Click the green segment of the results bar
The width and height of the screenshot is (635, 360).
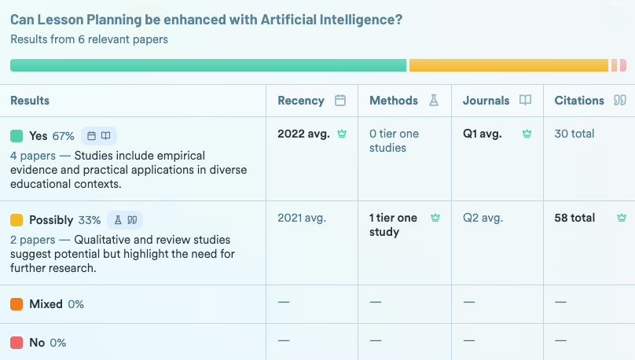[x=208, y=65]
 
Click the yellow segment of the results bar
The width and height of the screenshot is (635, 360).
[x=508, y=65]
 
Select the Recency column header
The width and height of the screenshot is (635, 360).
[x=301, y=101]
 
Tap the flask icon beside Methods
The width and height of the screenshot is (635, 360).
[x=433, y=101]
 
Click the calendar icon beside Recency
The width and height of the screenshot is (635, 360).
[x=340, y=101]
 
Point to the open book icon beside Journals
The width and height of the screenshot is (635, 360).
[x=525, y=101]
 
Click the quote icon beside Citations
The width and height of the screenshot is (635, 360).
[x=619, y=101]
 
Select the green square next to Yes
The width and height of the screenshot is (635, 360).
[x=17, y=136]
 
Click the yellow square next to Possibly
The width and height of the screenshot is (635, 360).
[x=17, y=220]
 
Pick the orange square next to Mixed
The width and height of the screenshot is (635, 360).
[x=17, y=304]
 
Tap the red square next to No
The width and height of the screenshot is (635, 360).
[x=17, y=343]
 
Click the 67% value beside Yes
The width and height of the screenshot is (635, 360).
[x=63, y=136]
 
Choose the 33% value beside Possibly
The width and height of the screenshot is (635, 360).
[x=90, y=220]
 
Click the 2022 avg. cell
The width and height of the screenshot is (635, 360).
[x=303, y=134]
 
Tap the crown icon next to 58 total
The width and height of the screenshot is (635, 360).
[x=622, y=218]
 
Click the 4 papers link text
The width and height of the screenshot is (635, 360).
[x=32, y=156]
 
